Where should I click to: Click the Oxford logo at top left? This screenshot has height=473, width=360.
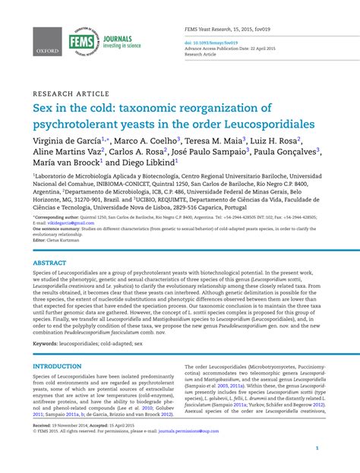pos(46,44)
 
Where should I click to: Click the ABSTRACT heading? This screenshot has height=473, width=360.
pos(49,263)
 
